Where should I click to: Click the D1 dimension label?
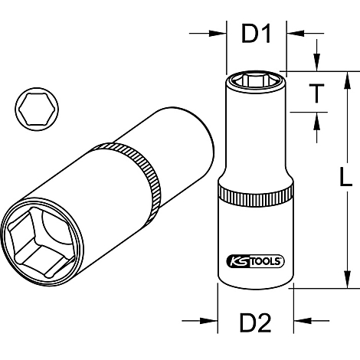[x=257, y=34]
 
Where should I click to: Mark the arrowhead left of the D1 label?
[x=218, y=34]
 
